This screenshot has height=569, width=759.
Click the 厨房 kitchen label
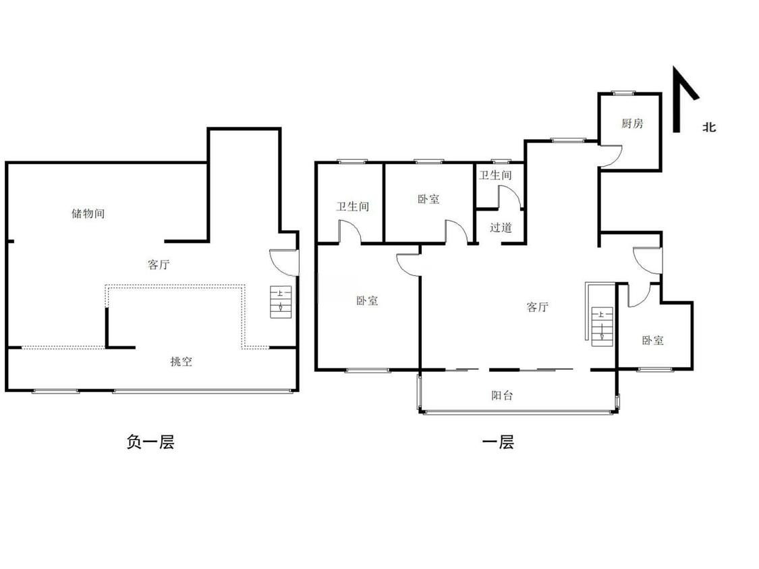point(632,124)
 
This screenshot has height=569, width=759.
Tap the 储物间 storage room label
point(88,213)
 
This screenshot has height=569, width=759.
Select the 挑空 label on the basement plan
point(181,361)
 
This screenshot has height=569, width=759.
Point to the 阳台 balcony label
point(502,395)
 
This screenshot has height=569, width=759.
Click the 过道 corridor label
point(501,227)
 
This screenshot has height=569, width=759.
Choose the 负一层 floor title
point(150,441)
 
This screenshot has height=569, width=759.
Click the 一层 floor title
point(498,441)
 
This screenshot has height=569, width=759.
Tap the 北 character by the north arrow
point(709,128)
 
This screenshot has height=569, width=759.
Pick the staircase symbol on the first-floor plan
point(602,327)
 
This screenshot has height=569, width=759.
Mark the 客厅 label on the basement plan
point(159,265)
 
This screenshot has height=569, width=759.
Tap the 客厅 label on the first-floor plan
point(537,307)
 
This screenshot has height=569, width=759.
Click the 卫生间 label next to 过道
point(495,175)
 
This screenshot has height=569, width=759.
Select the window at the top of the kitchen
point(623,93)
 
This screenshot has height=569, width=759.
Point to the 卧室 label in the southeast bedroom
point(652,340)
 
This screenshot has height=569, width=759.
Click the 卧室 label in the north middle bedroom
point(428,199)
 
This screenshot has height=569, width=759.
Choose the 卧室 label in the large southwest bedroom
point(367,301)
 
